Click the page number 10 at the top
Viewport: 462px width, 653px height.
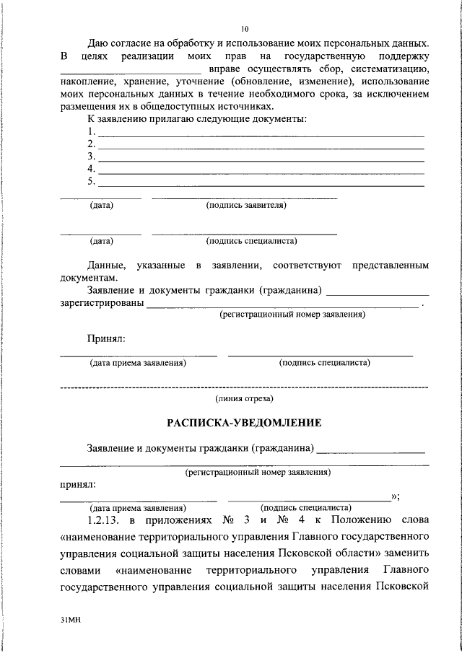245,29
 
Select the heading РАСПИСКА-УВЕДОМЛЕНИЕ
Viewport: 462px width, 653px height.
244,422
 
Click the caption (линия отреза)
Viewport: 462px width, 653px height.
244,398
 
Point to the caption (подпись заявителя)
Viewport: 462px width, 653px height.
246,206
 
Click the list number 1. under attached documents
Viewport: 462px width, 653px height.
91,131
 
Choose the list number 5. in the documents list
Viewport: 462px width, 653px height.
91,180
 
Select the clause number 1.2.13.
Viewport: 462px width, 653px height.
105,520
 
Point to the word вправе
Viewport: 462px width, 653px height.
225,69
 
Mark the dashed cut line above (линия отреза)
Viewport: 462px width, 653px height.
244,387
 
